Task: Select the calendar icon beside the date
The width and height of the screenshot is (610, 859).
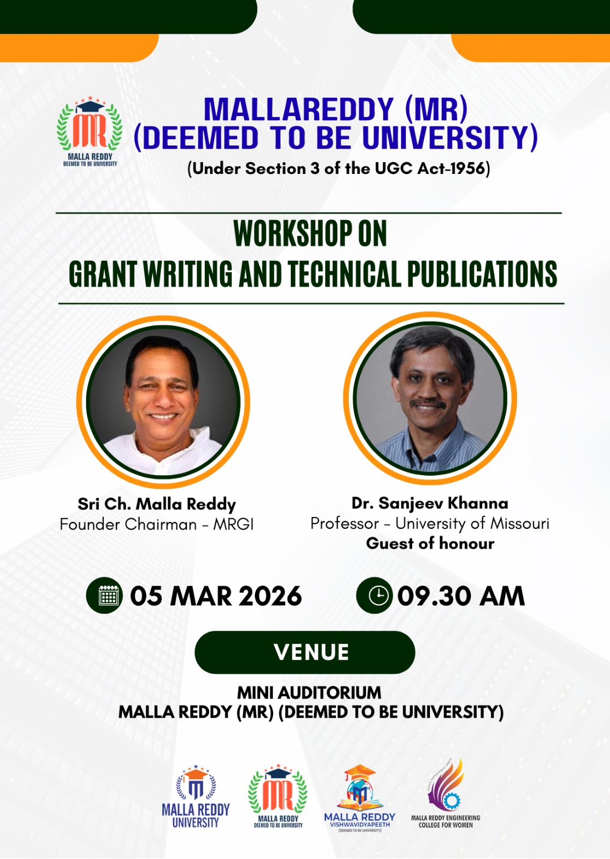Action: click(x=109, y=596)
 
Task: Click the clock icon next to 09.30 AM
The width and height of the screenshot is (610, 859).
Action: click(x=378, y=596)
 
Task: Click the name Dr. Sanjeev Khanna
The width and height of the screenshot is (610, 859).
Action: click(x=429, y=503)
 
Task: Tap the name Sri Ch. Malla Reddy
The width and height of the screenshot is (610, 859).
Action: click(x=156, y=504)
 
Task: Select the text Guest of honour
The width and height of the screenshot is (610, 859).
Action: click(x=430, y=543)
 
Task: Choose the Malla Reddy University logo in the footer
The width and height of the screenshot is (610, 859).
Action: click(x=196, y=797)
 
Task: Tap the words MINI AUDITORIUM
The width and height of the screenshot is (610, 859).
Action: click(x=309, y=693)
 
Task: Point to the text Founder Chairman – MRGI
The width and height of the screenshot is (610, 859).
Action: click(x=156, y=524)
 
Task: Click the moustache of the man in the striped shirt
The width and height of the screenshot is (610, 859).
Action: click(x=428, y=404)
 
